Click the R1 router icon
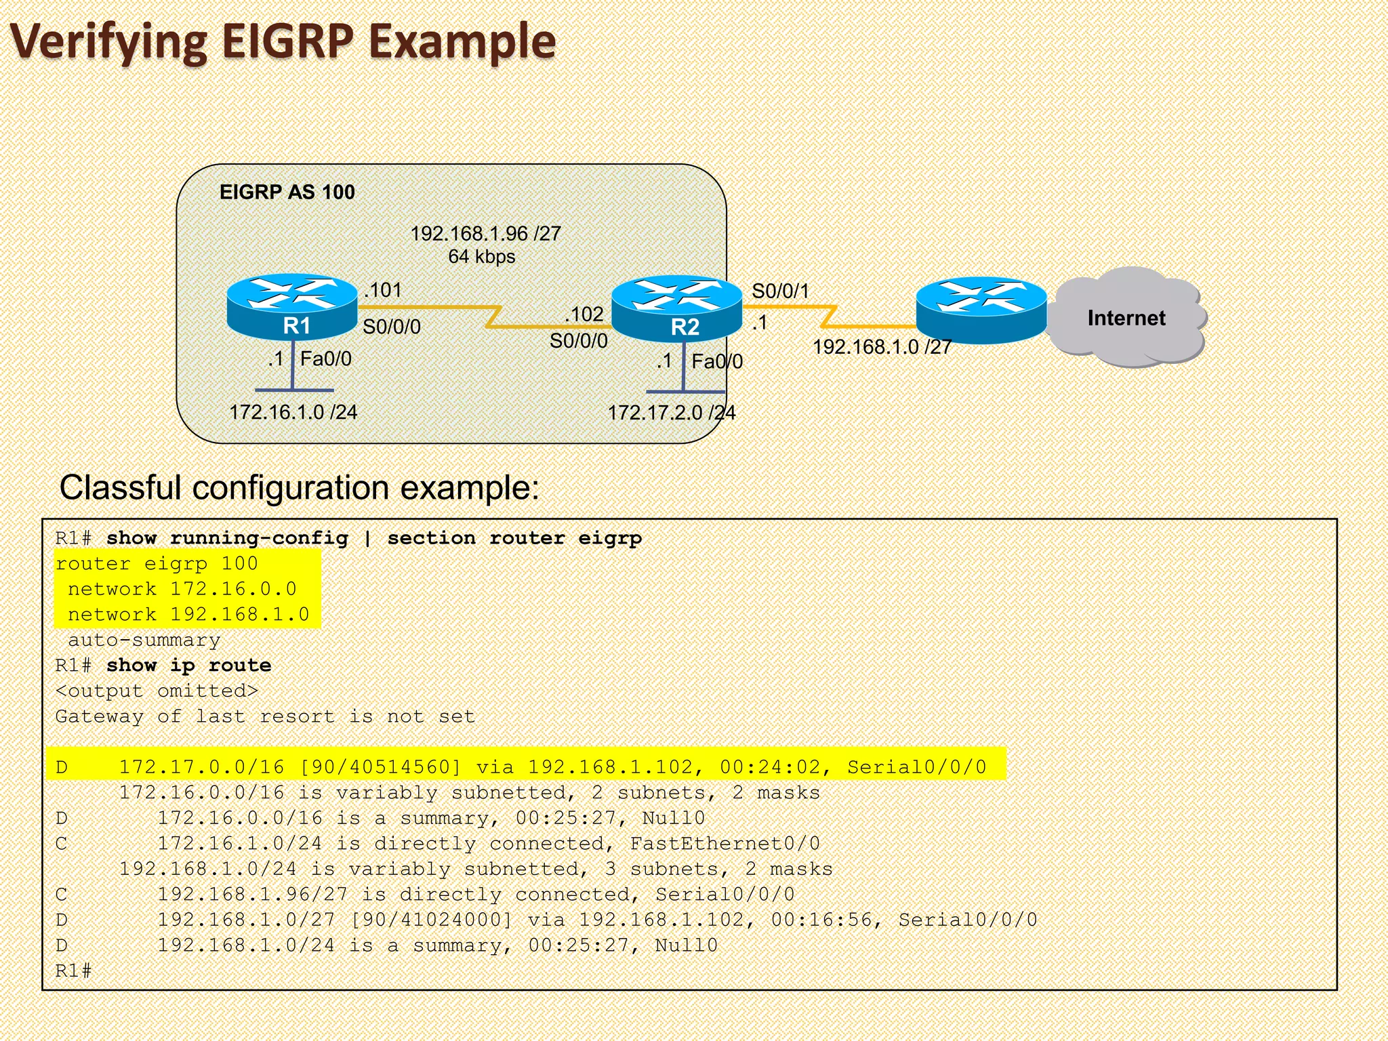click(291, 306)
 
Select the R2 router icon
click(676, 308)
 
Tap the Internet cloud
click(1126, 317)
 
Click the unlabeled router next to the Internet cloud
click(981, 309)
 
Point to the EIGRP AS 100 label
click(287, 192)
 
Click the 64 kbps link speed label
click(481, 257)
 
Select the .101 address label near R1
click(383, 290)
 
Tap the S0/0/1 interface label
click(780, 291)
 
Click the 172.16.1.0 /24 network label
click(293, 412)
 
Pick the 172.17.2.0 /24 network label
click(671, 413)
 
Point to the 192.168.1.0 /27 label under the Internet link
click(882, 347)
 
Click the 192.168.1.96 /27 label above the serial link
click(485, 234)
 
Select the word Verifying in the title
click(108, 42)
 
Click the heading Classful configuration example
click(299, 487)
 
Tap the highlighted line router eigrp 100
click(157, 564)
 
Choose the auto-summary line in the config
click(144, 640)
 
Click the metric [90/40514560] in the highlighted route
click(380, 767)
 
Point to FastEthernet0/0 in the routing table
click(724, 844)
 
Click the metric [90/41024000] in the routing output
click(431, 920)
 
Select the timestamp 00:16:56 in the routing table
click(821, 920)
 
